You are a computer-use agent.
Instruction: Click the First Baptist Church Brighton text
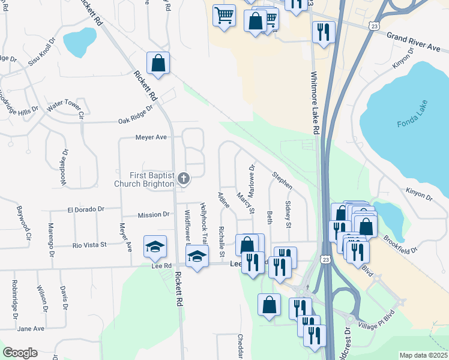[145, 179]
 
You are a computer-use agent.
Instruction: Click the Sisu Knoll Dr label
[37, 48]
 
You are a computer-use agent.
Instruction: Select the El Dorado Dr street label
[86, 209]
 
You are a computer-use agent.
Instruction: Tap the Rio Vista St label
[89, 245]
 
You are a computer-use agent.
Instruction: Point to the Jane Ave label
[31, 329]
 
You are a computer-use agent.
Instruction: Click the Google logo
[20, 353]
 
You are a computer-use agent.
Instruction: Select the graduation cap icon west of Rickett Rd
[155, 247]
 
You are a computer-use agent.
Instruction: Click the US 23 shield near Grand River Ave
[375, 26]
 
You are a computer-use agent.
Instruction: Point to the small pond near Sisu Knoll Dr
[79, 40]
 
